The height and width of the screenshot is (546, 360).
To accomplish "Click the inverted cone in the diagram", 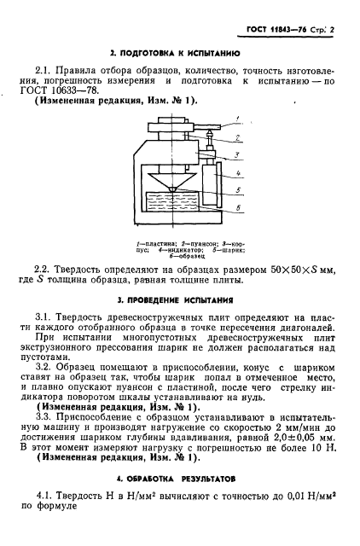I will (x=172, y=178).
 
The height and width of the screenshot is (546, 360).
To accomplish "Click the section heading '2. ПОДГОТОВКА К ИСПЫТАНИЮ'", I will (x=179, y=53).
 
